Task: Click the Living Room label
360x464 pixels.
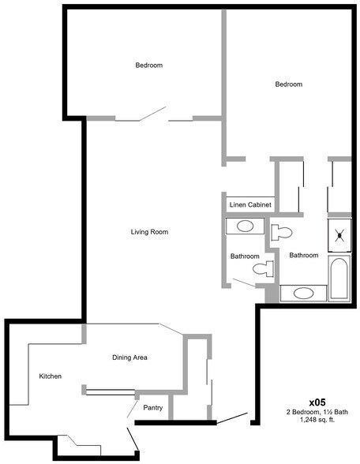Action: tap(150, 232)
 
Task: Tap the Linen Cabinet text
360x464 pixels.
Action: tap(250, 205)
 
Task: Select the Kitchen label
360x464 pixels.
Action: tap(51, 376)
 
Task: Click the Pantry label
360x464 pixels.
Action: tap(153, 408)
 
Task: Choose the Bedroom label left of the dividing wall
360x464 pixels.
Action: tap(148, 65)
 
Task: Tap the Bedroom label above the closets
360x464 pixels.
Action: tap(288, 84)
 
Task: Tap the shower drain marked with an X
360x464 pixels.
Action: tap(340, 234)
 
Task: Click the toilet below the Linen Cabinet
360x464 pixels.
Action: tap(280, 232)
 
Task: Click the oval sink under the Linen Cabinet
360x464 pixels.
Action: tap(246, 226)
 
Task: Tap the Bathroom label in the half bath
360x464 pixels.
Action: tap(244, 256)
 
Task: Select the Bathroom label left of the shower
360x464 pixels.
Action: tap(303, 255)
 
